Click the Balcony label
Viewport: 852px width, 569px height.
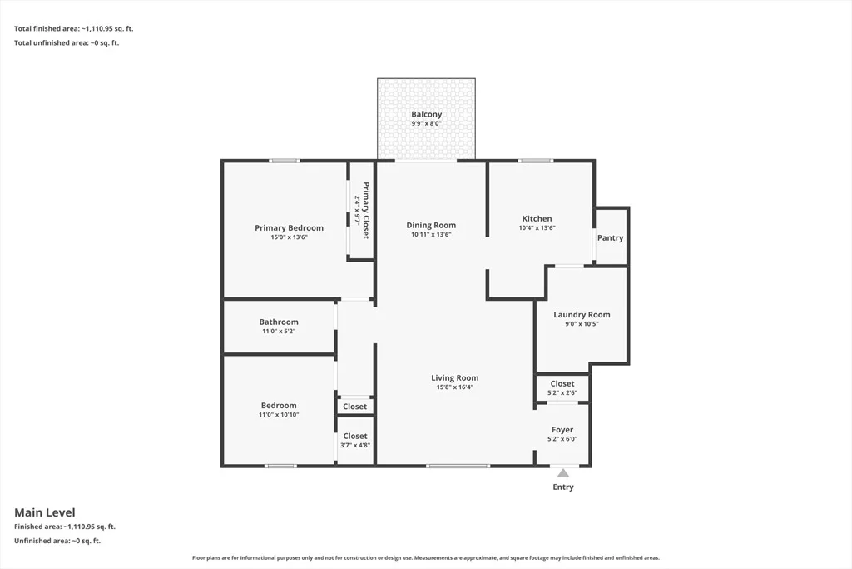click(x=427, y=114)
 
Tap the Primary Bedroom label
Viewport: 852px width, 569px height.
click(x=289, y=228)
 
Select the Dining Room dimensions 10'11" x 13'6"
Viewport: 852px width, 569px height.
click(x=431, y=234)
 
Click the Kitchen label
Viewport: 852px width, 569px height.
click(x=537, y=218)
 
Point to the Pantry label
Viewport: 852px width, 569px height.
click(x=610, y=237)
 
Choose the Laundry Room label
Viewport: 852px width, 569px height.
click(x=582, y=314)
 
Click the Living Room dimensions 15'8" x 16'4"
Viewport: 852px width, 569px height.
click(x=455, y=387)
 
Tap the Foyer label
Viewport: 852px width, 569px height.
click(x=562, y=430)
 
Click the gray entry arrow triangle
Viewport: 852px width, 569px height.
click(x=563, y=473)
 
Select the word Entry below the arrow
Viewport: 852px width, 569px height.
click(x=563, y=487)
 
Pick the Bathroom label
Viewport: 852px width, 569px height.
click(x=279, y=322)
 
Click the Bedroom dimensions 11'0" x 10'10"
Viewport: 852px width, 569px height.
click(x=279, y=415)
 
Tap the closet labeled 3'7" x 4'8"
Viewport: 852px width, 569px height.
click(x=355, y=440)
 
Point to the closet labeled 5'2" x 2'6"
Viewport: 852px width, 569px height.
click(x=562, y=388)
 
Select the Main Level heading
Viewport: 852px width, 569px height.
click(x=45, y=512)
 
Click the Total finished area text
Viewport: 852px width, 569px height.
click(x=73, y=29)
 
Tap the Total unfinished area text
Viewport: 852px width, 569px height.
click(x=67, y=43)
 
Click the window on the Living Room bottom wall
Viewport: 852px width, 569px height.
click(x=458, y=466)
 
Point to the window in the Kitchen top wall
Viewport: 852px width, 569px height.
click(x=535, y=161)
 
